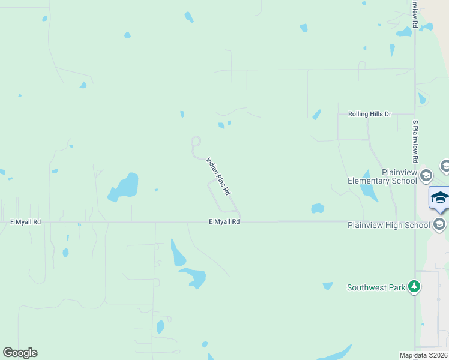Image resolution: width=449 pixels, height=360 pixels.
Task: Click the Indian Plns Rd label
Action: (219, 175)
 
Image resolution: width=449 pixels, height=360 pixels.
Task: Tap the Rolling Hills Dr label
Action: (369, 113)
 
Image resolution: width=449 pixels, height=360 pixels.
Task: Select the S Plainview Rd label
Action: (415, 142)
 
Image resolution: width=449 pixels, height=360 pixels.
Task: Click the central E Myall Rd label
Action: (224, 222)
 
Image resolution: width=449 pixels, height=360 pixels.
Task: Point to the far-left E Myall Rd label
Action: (25, 222)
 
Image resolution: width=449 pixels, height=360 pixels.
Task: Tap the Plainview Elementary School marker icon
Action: (426, 176)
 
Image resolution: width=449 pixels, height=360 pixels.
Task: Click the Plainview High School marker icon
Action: (439, 224)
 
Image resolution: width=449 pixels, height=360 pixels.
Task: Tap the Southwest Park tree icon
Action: (414, 287)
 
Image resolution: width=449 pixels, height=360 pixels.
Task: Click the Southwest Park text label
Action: (376, 288)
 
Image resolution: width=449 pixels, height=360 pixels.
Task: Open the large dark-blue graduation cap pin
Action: (439, 197)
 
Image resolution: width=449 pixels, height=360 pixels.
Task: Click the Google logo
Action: (20, 353)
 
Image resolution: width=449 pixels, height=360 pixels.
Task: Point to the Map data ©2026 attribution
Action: (423, 355)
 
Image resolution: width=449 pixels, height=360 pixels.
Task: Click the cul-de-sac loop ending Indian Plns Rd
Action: (196, 142)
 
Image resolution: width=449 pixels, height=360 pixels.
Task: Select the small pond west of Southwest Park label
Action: (327, 286)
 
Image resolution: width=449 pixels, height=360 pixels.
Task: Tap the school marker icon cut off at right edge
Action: (445, 166)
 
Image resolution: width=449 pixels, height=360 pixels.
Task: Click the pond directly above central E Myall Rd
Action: (318, 208)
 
